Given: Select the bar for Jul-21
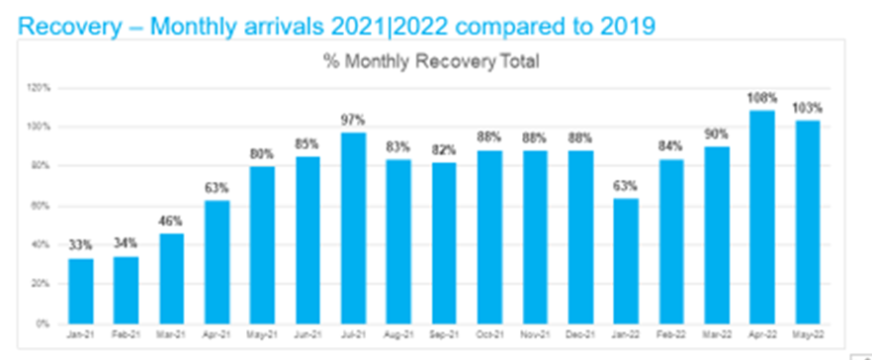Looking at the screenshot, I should (354, 227).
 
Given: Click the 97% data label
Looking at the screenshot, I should (354, 121).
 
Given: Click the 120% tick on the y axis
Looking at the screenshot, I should (38, 87).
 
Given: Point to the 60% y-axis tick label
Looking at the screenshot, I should (39, 205).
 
